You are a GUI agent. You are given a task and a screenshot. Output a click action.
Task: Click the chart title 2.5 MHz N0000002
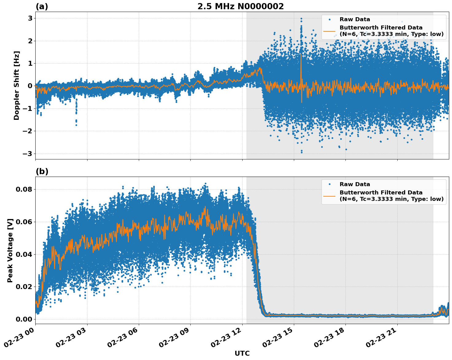click(240, 6)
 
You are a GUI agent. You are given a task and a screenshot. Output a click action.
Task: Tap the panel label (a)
click(42, 6)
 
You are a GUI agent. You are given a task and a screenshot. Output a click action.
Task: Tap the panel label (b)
click(42, 171)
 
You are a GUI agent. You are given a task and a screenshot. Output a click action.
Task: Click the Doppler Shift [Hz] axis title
click(17, 85)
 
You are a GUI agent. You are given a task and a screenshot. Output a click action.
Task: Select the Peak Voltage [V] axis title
click(10, 250)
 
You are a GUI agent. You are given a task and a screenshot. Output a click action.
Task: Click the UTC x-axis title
click(242, 353)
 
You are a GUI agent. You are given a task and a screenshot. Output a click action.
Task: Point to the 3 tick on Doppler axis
click(30, 18)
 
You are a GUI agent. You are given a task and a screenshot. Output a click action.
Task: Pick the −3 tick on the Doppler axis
click(28, 154)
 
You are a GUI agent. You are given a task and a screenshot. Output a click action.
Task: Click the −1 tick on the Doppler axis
click(28, 108)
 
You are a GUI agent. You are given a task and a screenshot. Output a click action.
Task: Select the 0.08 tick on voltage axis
click(24, 189)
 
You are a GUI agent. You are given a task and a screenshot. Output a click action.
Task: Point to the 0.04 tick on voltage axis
click(24, 254)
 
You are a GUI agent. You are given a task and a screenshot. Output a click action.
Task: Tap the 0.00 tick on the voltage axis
click(24, 319)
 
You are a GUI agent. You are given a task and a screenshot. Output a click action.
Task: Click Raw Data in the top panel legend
click(355, 19)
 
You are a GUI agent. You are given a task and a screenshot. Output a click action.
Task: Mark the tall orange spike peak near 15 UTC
click(301, 55)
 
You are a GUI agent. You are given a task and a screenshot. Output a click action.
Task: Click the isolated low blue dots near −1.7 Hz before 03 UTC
click(76, 122)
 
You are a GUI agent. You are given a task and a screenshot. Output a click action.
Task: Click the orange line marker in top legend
click(329, 31)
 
